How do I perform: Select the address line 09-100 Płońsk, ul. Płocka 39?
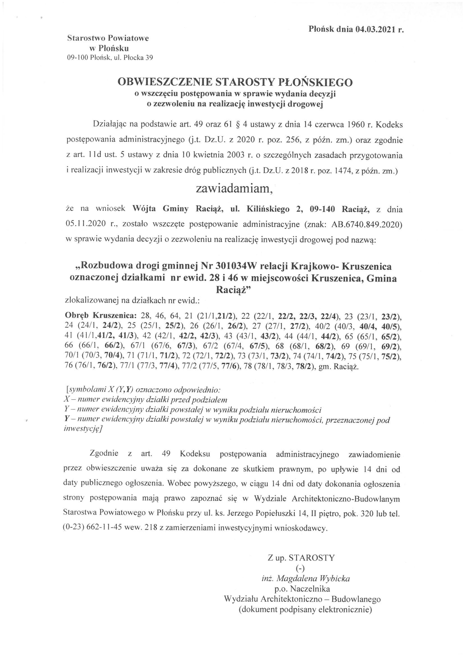(110, 58)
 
